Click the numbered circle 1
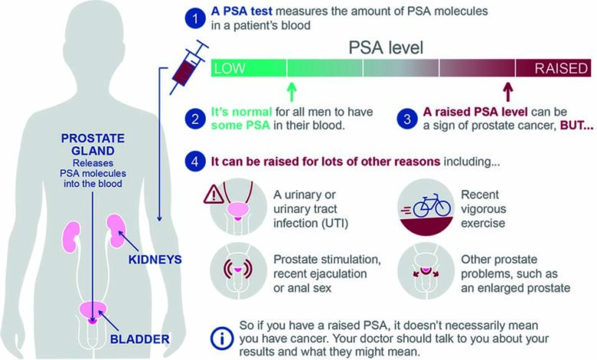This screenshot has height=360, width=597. pos(195,18)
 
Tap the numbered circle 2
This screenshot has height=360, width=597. pos(195,119)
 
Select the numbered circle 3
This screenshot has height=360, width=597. pos(407,119)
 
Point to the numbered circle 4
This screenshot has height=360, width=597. pos(195,162)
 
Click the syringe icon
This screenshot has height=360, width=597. pos(188,67)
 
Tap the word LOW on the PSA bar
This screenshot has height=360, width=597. pos(230,69)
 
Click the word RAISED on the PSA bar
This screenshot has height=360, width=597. pos(561,69)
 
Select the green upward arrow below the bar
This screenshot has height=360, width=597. pos(292,92)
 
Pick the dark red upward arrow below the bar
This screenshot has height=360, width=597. pos(508,92)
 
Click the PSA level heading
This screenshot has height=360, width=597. pos(386,47)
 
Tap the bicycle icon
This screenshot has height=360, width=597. pos(432,205)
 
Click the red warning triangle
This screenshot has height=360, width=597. pos(214,195)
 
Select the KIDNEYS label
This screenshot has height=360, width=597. pos(155,260)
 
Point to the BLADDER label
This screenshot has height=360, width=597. pos(140,339)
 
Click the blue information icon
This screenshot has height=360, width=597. pos(222,339)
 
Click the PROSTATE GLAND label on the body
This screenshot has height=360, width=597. pos(93,144)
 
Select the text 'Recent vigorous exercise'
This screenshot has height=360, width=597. pos(484,209)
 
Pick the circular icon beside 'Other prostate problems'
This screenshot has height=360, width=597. pos(426,271)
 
